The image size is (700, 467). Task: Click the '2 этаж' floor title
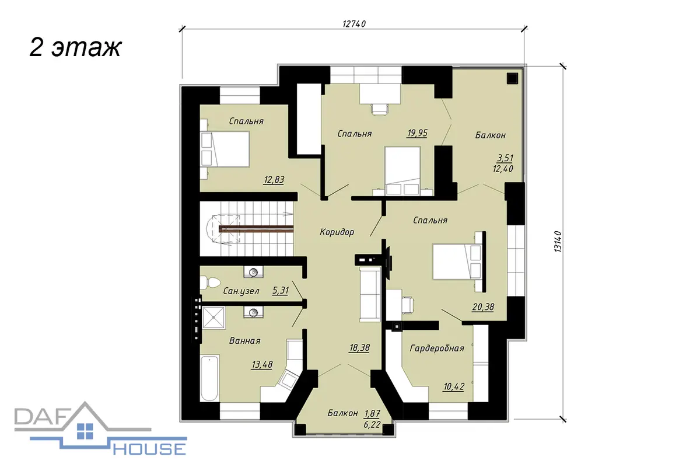(75, 48)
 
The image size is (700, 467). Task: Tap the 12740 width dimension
(354, 24)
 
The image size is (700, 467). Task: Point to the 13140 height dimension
(558, 242)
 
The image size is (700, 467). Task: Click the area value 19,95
(417, 133)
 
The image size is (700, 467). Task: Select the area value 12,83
(274, 180)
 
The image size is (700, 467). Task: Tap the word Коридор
(337, 232)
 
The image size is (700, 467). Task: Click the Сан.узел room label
(241, 291)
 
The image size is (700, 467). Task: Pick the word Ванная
(244, 341)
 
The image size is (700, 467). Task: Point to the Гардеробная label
(437, 348)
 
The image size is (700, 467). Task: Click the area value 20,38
(483, 307)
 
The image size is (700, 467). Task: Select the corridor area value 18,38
(359, 348)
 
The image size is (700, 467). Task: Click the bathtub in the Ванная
(209, 378)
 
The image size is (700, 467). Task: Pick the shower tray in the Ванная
(213, 318)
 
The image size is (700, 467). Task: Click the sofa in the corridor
(370, 294)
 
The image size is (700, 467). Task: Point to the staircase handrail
(256, 229)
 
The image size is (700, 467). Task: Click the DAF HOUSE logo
(100, 428)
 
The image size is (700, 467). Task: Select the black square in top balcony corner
(512, 78)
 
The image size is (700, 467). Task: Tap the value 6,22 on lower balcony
(372, 424)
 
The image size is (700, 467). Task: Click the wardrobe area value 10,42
(454, 387)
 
